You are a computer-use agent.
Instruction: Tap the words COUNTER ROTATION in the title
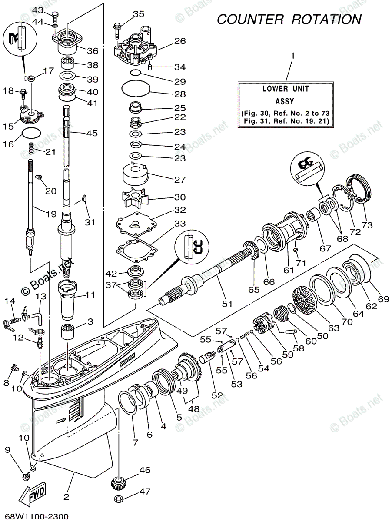289,20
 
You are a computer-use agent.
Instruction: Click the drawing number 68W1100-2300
34,516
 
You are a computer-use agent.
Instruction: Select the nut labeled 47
118,499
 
